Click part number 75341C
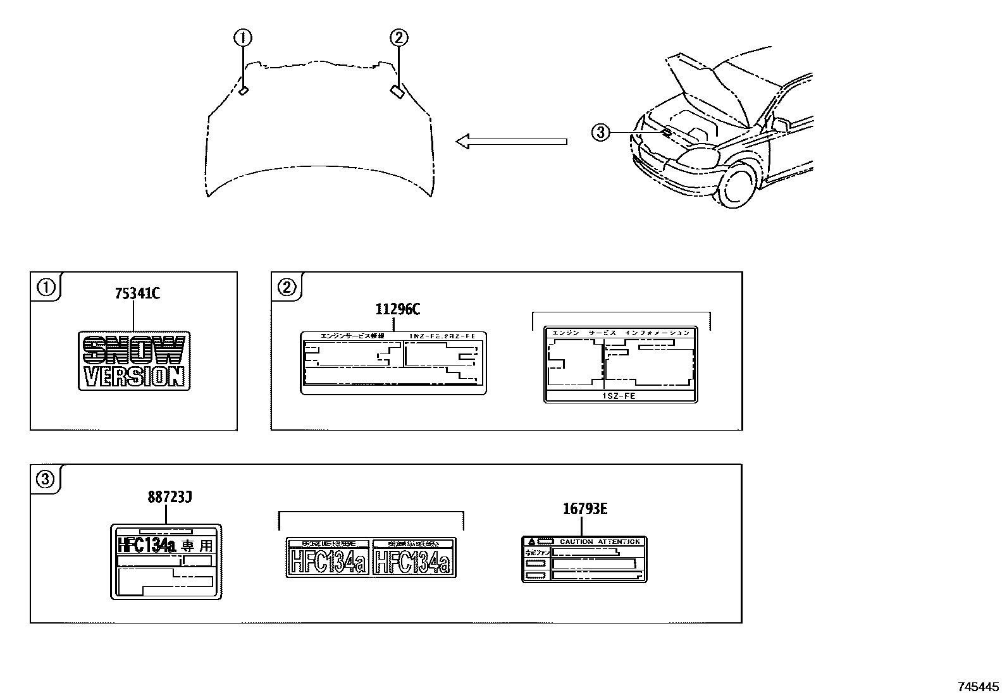[137, 294]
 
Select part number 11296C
[398, 309]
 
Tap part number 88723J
[170, 498]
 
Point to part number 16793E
[585, 509]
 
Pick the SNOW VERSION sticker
[134, 360]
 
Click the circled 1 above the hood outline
[243, 39]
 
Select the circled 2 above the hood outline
[398, 39]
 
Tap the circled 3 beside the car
[600, 132]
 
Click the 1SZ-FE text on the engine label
[621, 396]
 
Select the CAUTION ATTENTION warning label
[584, 559]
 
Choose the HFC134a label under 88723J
[166, 562]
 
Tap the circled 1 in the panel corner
[46, 288]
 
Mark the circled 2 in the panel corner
[287, 288]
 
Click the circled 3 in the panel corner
[46, 480]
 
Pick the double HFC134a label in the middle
[371, 557]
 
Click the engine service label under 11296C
[393, 363]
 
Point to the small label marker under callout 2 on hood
[398, 92]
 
